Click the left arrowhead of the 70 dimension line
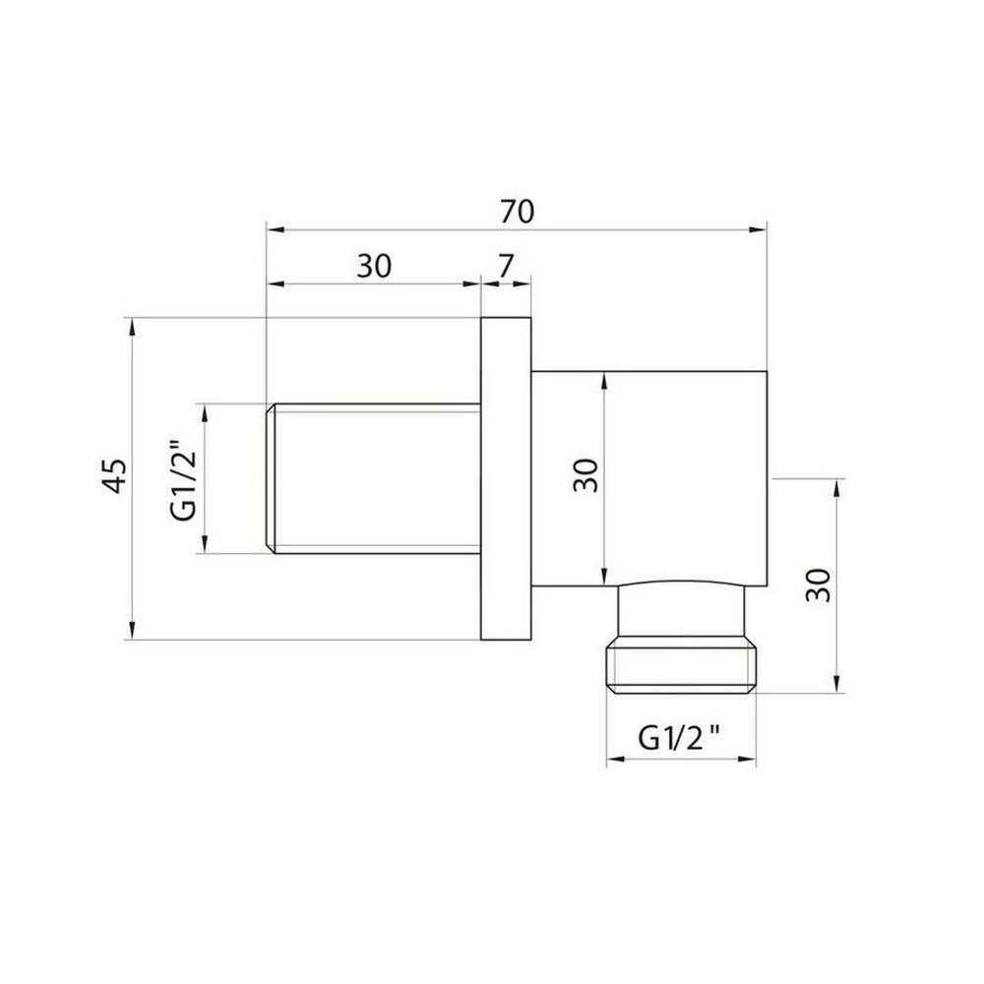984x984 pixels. [275, 232]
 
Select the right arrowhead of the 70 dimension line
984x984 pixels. [758, 232]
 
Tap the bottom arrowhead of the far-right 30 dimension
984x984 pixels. [837, 686]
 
